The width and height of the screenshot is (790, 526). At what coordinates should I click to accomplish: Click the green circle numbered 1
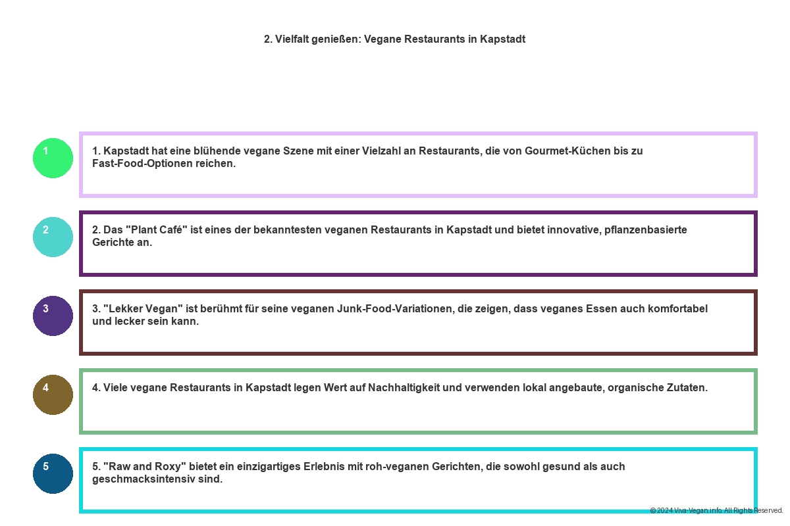tap(53, 158)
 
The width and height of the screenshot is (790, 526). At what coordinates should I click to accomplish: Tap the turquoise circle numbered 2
tap(53, 237)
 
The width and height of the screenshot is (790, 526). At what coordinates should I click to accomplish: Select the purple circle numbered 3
tap(53, 316)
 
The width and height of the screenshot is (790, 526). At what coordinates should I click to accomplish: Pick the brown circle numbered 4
tap(53, 394)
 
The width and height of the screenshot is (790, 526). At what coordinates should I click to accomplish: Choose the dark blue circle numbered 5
tap(53, 473)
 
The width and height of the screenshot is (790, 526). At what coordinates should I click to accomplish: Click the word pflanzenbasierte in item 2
tap(646, 230)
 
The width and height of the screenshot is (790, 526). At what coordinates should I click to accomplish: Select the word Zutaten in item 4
tap(687, 388)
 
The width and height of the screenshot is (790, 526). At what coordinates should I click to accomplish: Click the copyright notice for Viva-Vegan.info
tap(716, 510)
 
